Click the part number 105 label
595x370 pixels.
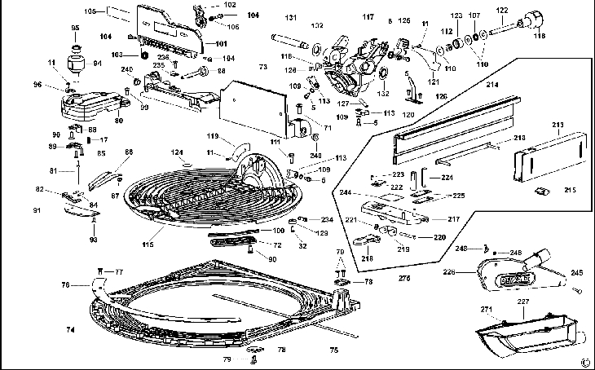click(90, 11)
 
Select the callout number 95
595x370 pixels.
click(76, 29)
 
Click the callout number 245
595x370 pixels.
click(576, 273)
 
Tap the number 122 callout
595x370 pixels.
click(502, 10)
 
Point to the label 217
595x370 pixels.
click(454, 218)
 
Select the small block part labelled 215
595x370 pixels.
click(539, 191)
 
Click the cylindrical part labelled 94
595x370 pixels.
click(77, 62)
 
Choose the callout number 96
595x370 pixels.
click(37, 85)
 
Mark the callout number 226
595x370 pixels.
click(448, 271)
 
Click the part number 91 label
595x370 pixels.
click(36, 210)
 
